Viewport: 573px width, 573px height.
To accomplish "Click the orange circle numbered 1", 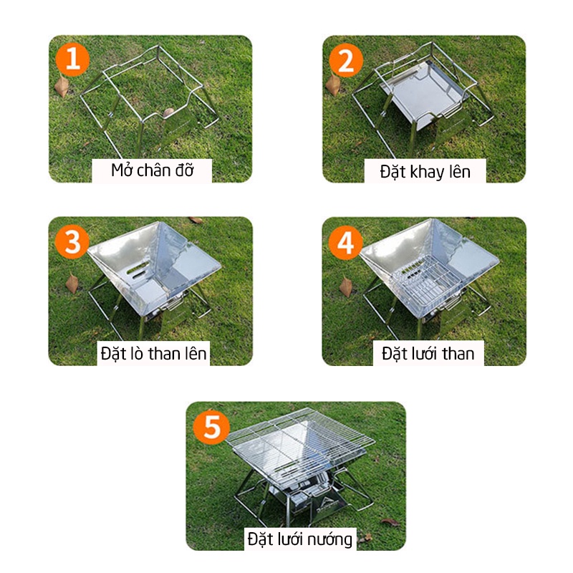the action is [x=72, y=59].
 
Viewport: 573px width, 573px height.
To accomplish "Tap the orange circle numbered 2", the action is [x=346, y=60].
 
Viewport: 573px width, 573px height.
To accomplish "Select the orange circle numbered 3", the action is [x=72, y=241].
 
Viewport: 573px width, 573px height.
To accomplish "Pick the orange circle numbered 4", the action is [x=345, y=242].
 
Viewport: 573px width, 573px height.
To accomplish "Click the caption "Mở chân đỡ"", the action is [x=152, y=170].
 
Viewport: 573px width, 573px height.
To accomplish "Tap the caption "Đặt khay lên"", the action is [x=425, y=172].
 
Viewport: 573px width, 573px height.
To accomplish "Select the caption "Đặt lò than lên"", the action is [x=153, y=353].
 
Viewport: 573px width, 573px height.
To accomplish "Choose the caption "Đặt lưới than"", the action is [x=428, y=353].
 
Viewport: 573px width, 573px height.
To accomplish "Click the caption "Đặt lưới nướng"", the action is [x=300, y=539].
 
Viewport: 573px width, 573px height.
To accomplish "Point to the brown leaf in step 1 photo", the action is [x=62, y=86].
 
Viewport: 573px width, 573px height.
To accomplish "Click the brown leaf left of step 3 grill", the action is [x=72, y=283].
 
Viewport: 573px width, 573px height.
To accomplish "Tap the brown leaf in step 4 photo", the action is [x=346, y=286].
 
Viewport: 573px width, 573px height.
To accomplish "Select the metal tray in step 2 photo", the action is [x=424, y=93].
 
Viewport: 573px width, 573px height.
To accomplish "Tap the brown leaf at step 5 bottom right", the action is [x=390, y=522].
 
